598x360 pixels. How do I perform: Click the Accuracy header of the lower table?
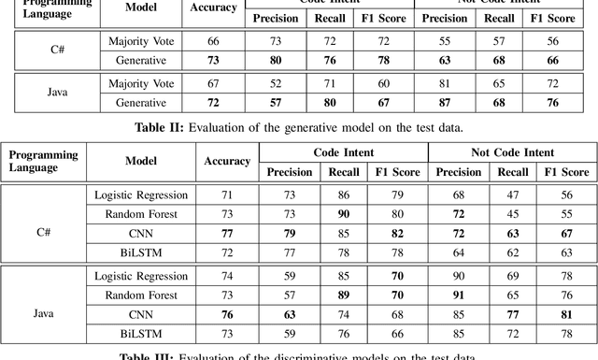pos(227,162)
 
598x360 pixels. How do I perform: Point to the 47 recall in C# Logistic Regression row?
pos(513,195)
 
